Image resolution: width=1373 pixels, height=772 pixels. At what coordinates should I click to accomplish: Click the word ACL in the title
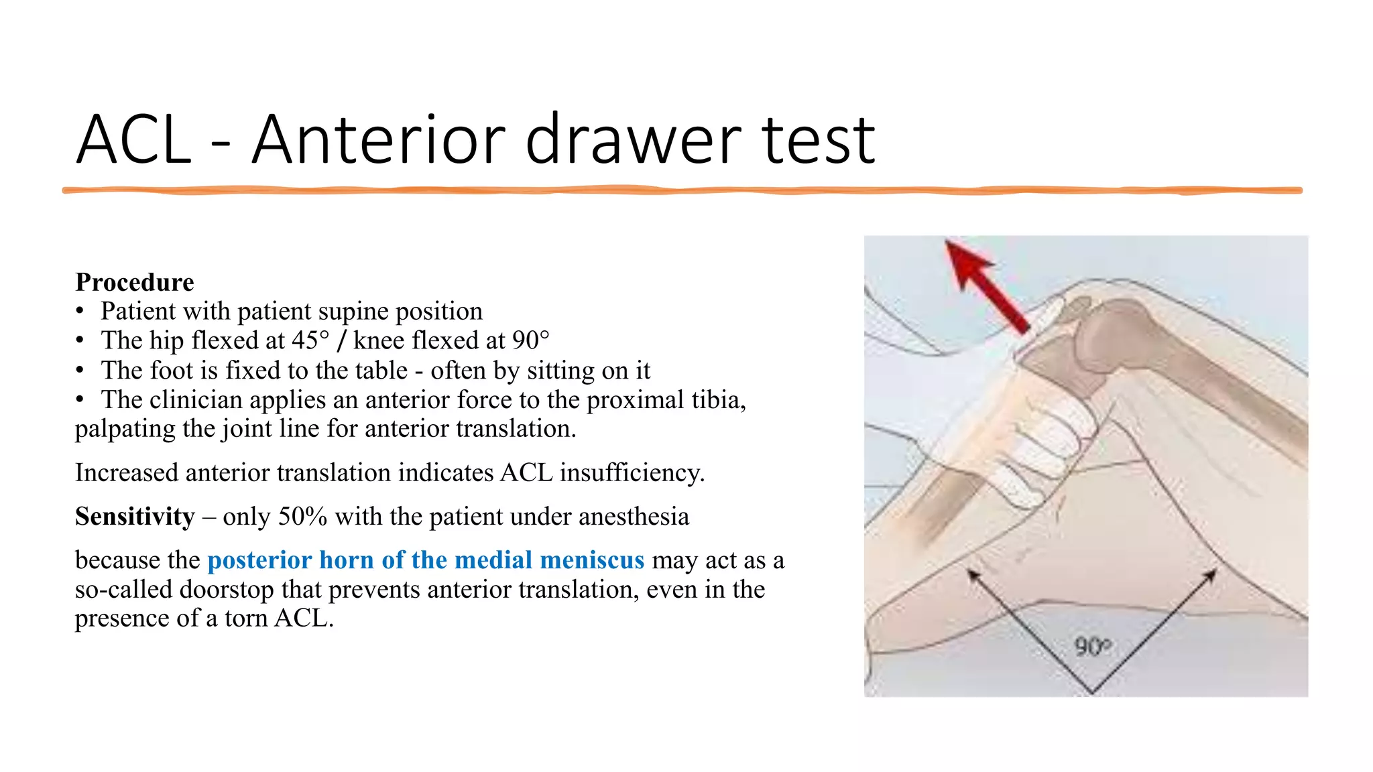click(134, 141)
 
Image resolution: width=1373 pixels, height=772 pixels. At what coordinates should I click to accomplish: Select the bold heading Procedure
click(135, 282)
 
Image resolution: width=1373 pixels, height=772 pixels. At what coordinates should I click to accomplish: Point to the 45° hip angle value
click(310, 340)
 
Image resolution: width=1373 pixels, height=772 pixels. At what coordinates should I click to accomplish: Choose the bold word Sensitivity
click(135, 517)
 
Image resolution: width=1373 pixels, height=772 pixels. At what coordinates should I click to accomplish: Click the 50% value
click(302, 517)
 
